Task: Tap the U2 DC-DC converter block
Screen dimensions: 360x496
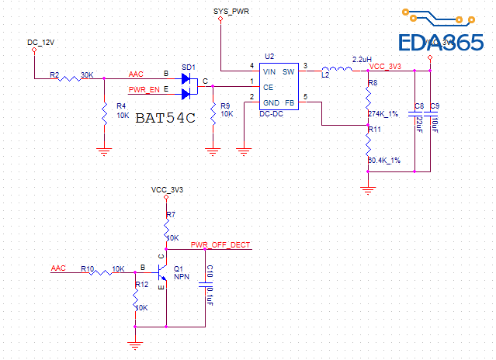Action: click(279, 87)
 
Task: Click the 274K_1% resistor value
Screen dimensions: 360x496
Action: click(383, 114)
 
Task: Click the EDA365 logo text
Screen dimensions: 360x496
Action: click(440, 43)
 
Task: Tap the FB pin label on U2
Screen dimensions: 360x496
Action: click(290, 102)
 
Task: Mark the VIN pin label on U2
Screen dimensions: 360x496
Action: click(269, 71)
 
